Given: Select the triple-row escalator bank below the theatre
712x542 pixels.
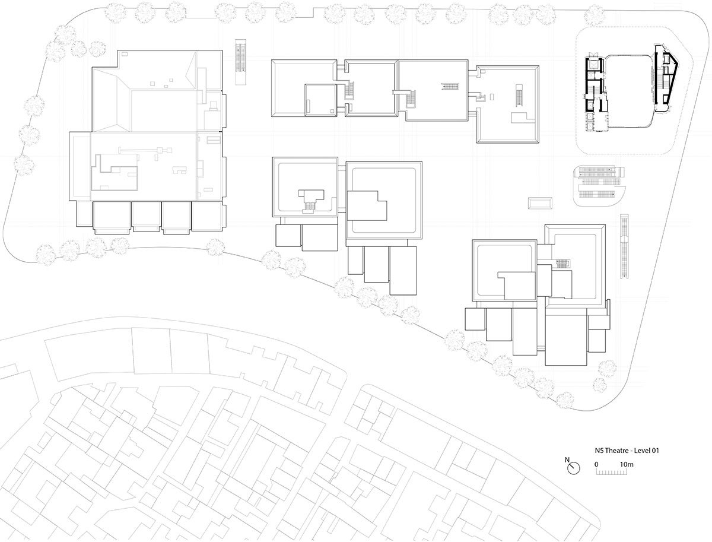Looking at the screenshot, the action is click(x=599, y=186).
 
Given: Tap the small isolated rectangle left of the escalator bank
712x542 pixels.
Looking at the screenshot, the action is click(x=540, y=203).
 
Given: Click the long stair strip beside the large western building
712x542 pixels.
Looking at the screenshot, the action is click(x=240, y=62).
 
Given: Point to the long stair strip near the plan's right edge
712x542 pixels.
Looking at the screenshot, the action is click(x=624, y=246).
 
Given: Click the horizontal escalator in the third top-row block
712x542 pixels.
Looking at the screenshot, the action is click(x=450, y=87).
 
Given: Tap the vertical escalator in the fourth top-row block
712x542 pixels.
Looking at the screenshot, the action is click(x=519, y=95).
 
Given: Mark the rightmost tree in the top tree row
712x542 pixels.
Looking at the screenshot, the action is click(x=595, y=15).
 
